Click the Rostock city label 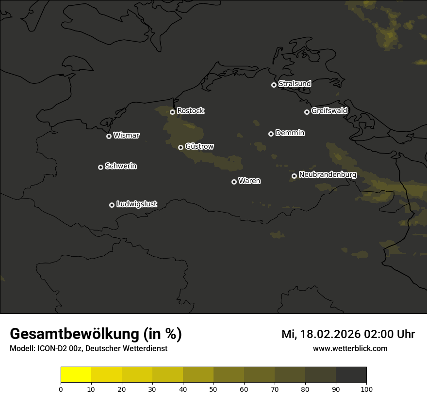click(x=190, y=111)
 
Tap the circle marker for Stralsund click(x=274, y=85)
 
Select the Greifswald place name click(x=329, y=111)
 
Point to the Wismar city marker click(x=109, y=136)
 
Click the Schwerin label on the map click(x=121, y=166)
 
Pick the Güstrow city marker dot click(x=181, y=147)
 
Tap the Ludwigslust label click(x=137, y=204)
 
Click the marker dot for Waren click(x=234, y=182)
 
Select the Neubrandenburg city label click(x=328, y=174)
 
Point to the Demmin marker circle click(x=271, y=134)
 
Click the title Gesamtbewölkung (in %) click(x=96, y=334)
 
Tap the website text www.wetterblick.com click(x=350, y=348)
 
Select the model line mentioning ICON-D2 click(x=88, y=348)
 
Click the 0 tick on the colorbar click(x=61, y=388)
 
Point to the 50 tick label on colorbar click(x=213, y=388)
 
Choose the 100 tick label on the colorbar click(x=366, y=388)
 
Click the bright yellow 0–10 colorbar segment click(x=76, y=375)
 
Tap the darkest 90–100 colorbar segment click(x=351, y=375)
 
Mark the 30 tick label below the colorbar click(x=152, y=388)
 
